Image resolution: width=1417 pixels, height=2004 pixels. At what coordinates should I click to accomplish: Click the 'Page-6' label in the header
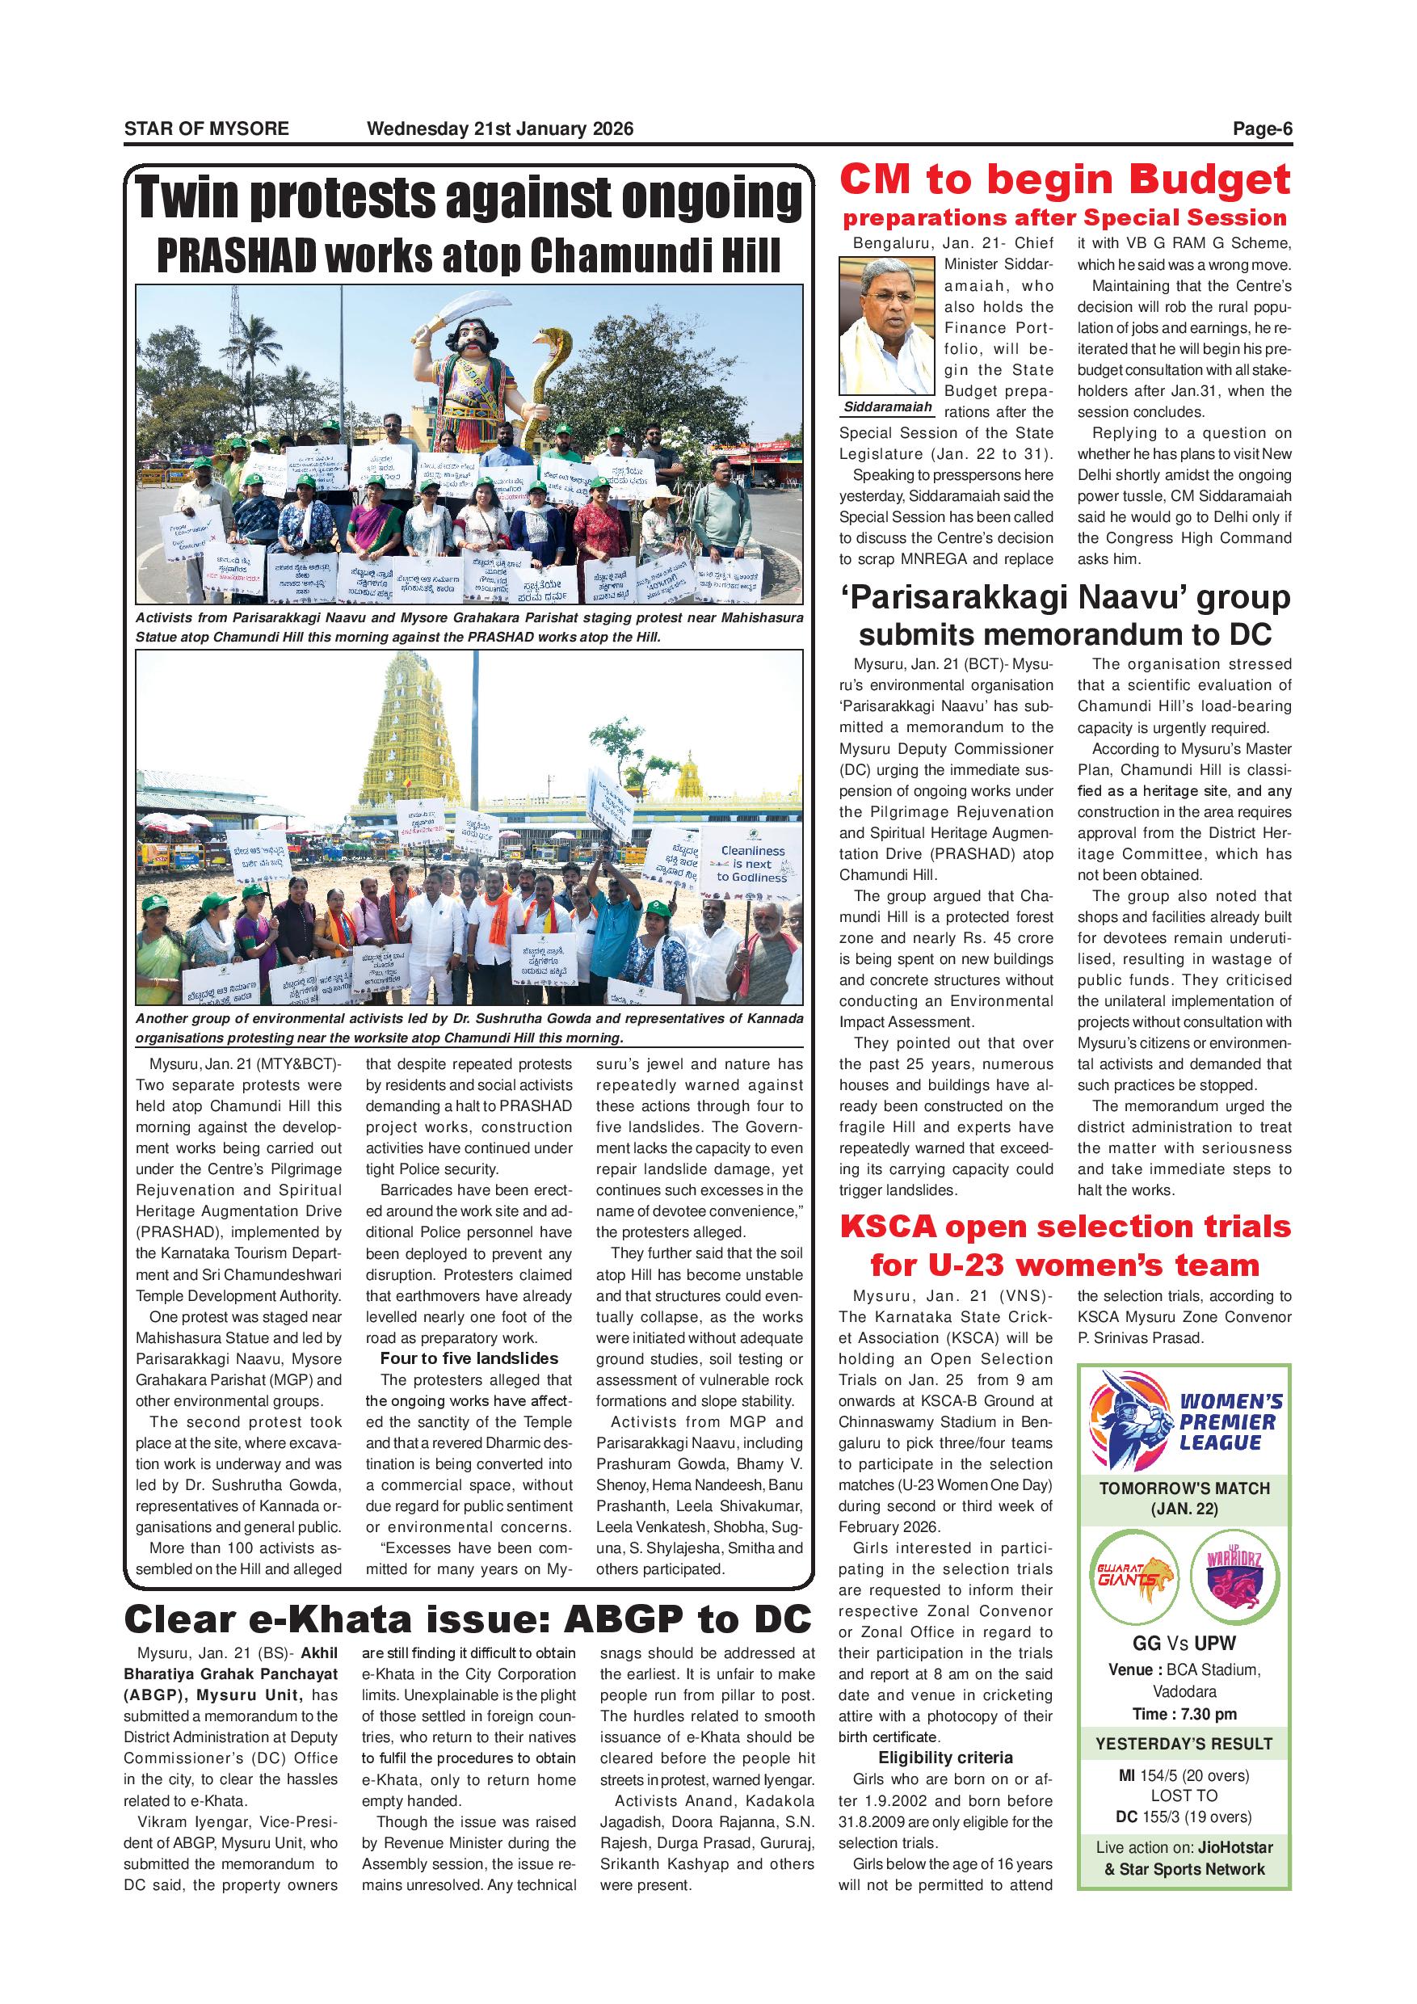pos(1262,129)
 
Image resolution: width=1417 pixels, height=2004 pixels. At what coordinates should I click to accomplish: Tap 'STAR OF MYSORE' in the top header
pos(206,129)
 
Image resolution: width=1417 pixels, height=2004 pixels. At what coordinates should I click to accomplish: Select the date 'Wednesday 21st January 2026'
pos(500,129)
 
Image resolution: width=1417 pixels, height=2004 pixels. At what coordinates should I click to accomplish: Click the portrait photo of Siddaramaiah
pos(886,326)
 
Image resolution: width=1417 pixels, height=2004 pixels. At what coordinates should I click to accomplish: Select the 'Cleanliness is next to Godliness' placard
pos(752,863)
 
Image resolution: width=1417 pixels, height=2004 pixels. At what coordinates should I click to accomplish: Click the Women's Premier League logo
pos(1184,1420)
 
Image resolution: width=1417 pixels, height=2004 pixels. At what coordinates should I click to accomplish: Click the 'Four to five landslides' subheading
pos(469,1359)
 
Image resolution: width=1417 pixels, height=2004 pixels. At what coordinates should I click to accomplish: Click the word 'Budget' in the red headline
pos(1209,180)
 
